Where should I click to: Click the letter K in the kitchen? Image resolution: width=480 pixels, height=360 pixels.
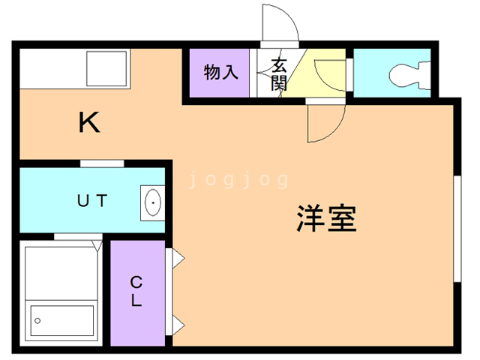tap(89, 121)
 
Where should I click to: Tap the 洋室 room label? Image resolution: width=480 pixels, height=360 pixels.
tap(325, 217)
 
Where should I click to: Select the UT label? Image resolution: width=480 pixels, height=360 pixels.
tap(93, 200)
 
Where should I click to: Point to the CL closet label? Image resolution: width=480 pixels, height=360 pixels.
tap(136, 292)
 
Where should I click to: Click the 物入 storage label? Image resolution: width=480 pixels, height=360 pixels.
tap(221, 73)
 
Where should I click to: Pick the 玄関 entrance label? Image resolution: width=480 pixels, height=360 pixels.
tap(279, 73)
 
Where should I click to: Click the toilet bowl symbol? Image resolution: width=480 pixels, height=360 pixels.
tap(406, 73)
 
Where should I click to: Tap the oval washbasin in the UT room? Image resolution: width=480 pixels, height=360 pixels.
tap(151, 202)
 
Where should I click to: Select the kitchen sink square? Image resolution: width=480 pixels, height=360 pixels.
tap(108, 69)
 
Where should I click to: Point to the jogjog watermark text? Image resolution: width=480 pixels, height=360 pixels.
tap(238, 180)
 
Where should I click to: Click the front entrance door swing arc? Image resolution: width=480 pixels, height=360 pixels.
tap(280, 22)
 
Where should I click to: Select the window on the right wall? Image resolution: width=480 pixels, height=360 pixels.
tap(455, 229)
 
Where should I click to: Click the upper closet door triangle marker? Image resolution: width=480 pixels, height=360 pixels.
tap(178, 258)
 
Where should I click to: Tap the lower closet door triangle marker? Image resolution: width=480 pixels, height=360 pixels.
tap(178, 324)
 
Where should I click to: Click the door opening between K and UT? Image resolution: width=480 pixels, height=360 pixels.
tap(102, 163)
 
